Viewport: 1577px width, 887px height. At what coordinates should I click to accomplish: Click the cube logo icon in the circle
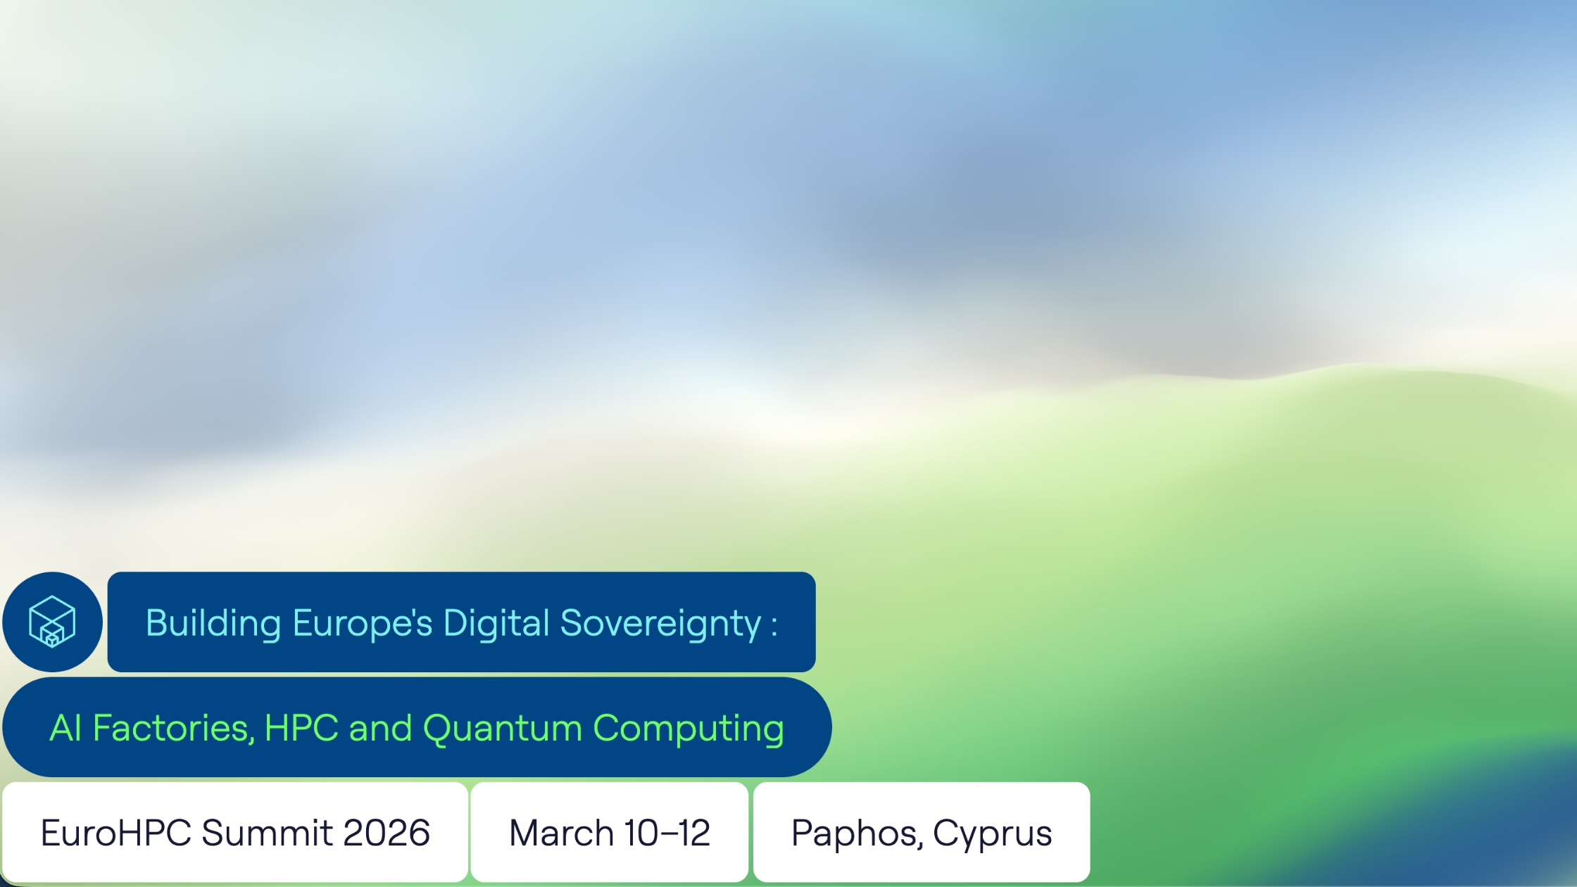[52, 622]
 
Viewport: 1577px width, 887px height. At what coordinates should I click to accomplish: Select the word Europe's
[362, 624]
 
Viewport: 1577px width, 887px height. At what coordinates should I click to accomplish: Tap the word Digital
[496, 624]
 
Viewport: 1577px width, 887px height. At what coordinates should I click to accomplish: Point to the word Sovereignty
[660, 624]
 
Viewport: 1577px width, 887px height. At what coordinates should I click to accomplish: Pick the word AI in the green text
[65, 728]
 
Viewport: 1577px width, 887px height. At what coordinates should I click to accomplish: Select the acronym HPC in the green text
[301, 728]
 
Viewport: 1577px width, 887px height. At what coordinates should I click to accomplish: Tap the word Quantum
[502, 728]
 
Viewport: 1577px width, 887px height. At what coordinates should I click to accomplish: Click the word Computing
[688, 729]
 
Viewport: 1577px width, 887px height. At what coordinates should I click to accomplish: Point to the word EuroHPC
[115, 833]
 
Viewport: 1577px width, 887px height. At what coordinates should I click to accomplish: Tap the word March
[560, 833]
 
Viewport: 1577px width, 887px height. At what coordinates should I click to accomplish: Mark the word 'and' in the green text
[380, 728]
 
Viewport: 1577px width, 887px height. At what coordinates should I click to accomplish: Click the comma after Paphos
[919, 845]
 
